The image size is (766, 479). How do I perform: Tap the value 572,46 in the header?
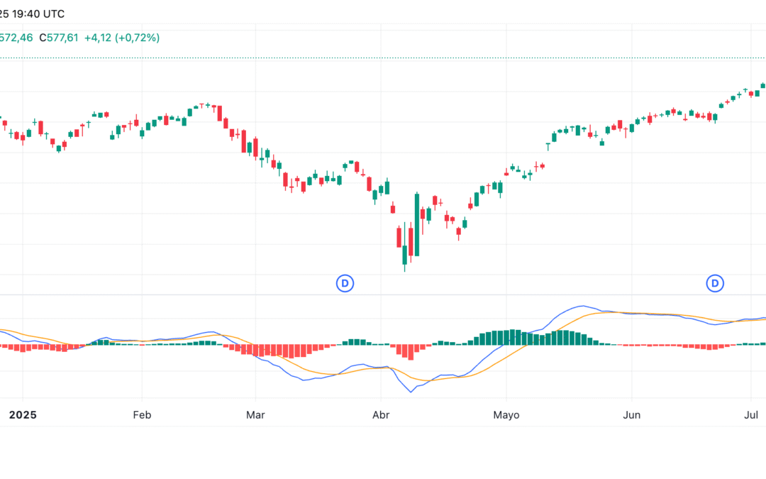coord(16,38)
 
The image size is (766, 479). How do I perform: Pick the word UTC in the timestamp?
coord(53,14)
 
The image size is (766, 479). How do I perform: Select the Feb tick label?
coord(142,414)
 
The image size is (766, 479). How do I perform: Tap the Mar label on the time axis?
coord(255,414)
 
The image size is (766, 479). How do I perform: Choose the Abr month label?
coord(381,414)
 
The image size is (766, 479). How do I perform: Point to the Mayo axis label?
coord(506,414)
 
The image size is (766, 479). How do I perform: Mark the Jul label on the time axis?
coord(751,414)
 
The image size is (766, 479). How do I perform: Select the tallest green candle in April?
coord(417,224)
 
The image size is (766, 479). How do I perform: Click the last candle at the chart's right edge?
coord(763,85)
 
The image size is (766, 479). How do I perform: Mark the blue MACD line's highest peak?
coord(583,307)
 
